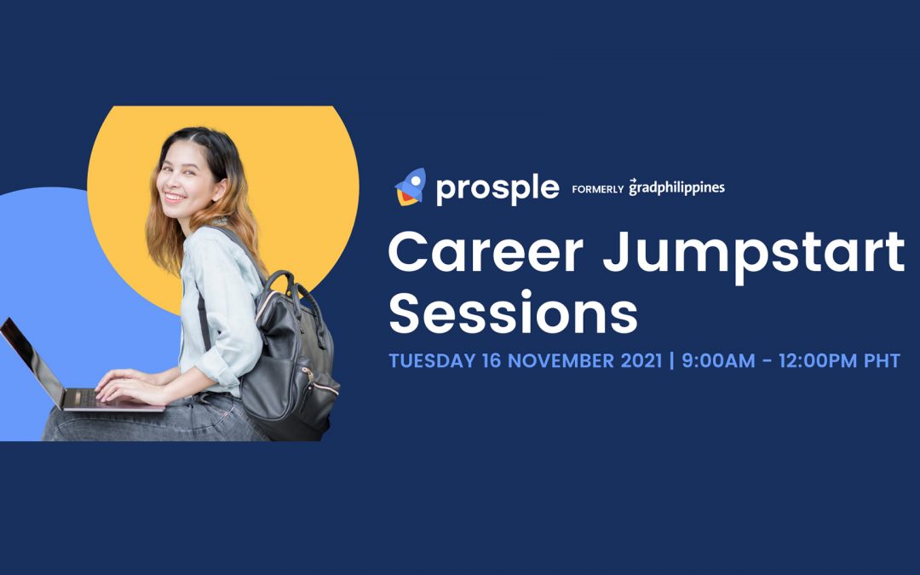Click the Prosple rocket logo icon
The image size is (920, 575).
coord(410,187)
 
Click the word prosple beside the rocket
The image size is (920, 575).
coord(497,188)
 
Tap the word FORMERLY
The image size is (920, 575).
coord(597,189)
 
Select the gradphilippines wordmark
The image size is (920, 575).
coord(676,187)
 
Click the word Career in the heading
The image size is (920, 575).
coord(486,251)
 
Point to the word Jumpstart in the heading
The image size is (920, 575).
coord(753,256)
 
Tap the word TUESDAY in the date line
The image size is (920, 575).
coord(432,360)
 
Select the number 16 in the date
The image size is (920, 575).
coord(492,360)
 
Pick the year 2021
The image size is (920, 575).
coord(641,360)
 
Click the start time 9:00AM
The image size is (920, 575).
coord(718,360)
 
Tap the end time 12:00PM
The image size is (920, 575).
coord(818,360)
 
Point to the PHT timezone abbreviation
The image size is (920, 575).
coord(882,360)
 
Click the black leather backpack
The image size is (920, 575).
coord(290,358)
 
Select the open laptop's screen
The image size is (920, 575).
coord(31,361)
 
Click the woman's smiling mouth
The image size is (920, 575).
coord(175,198)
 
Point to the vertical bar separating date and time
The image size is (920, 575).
coord(672,360)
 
